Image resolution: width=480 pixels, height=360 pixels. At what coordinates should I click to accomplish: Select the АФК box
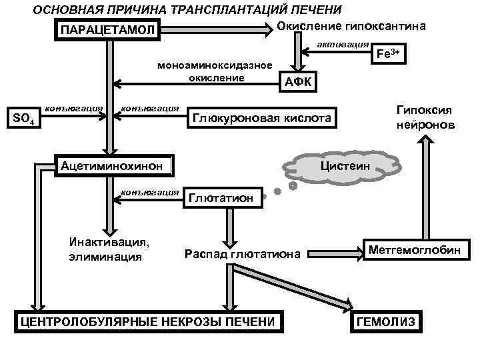click(x=297, y=81)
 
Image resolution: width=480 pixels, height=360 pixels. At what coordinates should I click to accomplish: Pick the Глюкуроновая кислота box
click(x=261, y=118)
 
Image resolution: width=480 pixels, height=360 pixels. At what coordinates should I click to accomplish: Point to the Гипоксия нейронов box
click(x=424, y=117)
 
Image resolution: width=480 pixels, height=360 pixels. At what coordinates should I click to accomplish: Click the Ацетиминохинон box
click(x=112, y=165)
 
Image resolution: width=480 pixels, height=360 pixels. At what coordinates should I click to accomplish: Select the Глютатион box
click(x=221, y=197)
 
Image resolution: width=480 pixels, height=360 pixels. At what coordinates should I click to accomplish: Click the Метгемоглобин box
click(x=415, y=250)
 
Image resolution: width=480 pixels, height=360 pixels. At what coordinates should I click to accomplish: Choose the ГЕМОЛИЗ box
click(x=387, y=322)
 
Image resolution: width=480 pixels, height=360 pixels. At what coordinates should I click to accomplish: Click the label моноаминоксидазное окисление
click(x=214, y=71)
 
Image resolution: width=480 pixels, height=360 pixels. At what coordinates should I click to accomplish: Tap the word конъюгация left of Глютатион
click(x=150, y=192)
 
